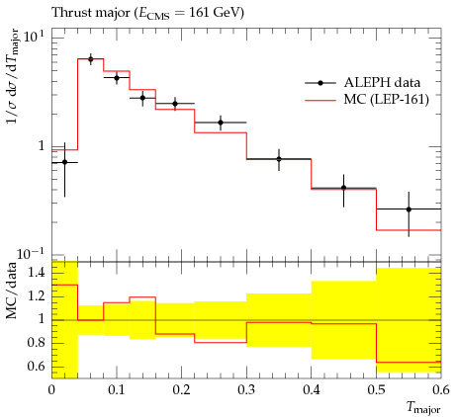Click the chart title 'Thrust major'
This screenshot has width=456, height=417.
pyautogui.click(x=91, y=13)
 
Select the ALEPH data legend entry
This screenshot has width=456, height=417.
pyautogui.click(x=363, y=83)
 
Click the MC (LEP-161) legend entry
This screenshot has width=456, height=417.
pyautogui.click(x=367, y=99)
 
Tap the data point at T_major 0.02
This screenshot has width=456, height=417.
pyautogui.click(x=64, y=162)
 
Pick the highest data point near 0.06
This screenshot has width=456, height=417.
pyautogui.click(x=91, y=59)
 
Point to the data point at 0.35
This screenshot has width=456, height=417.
pyautogui.click(x=279, y=159)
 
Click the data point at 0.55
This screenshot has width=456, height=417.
pyautogui.click(x=409, y=209)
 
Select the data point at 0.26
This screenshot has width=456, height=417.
pyautogui.click(x=221, y=123)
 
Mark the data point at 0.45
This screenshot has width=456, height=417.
pyautogui.click(x=343, y=188)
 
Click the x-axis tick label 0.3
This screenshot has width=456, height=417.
pyautogui.click(x=246, y=390)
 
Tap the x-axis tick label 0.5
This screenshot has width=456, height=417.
pyautogui.click(x=377, y=390)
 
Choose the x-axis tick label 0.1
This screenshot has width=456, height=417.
pyautogui.click(x=117, y=390)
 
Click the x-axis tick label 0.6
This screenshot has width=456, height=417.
pyautogui.click(x=441, y=390)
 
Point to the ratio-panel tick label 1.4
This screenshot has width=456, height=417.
pyautogui.click(x=36, y=273)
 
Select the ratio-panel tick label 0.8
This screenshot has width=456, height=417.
pyautogui.click(x=36, y=343)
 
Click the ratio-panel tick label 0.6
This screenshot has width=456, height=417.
pyautogui.click(x=36, y=367)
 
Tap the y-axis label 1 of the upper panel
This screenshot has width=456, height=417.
pyautogui.click(x=42, y=146)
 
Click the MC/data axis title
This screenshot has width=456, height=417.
pyautogui.click(x=12, y=291)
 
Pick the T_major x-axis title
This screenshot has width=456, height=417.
pyautogui.click(x=423, y=408)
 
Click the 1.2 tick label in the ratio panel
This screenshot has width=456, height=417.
pyautogui.click(x=36, y=296)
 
